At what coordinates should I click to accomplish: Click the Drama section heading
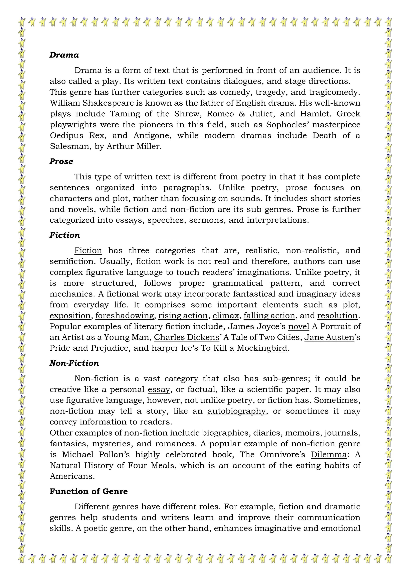64,55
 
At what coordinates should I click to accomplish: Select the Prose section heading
61,161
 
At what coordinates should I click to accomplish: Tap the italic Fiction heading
65,235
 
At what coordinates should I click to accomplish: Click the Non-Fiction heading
74,363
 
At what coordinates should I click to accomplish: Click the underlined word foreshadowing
125,316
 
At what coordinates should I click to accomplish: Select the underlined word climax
226,316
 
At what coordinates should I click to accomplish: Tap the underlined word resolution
337,316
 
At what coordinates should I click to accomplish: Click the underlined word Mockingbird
262,348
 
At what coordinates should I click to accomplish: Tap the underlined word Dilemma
329,454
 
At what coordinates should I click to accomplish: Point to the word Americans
72,476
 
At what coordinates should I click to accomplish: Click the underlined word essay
159,389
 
